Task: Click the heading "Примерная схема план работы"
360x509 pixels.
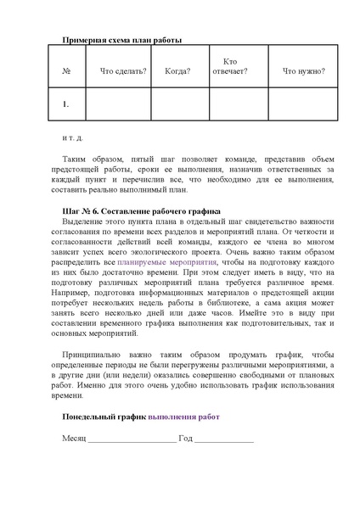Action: [x=122, y=40]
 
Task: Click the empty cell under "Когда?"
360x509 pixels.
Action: [x=177, y=105]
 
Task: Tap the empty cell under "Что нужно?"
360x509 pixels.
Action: [x=302, y=105]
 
